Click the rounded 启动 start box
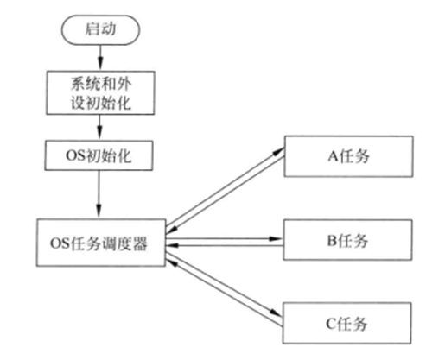coord(100,29)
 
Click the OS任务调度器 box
coord(100,243)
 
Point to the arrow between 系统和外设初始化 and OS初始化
coord(100,129)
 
